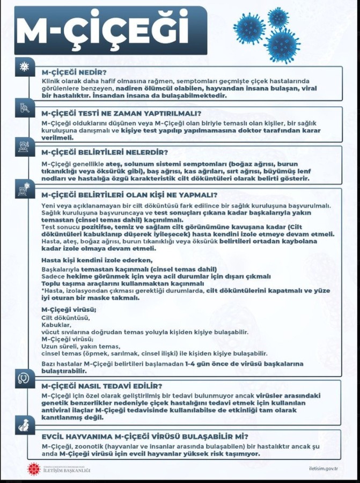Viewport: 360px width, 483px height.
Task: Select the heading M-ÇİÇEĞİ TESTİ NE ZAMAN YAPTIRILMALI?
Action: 121,113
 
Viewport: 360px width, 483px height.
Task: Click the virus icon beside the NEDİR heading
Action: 24,67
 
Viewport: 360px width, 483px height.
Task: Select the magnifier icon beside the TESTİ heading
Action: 24,107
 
